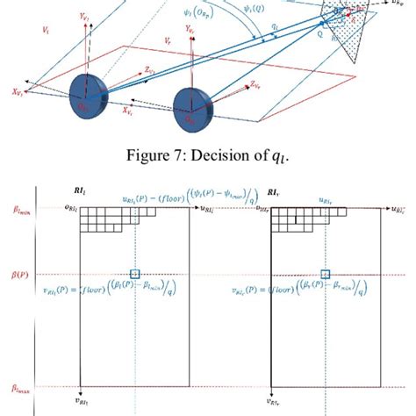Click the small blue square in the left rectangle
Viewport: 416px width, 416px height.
(134, 274)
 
